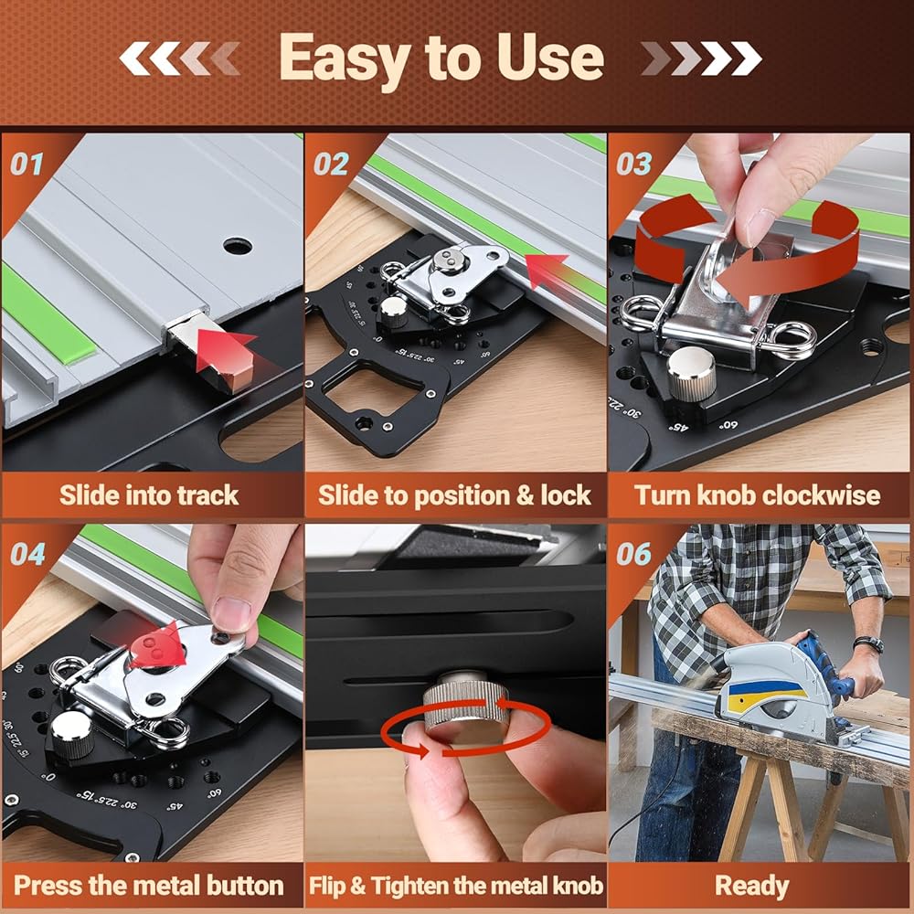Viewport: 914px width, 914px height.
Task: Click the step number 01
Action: click(x=27, y=165)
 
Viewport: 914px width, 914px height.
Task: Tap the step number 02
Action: click(x=331, y=165)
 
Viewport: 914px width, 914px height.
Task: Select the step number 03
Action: click(x=634, y=165)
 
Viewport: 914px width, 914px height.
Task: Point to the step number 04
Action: click(x=28, y=554)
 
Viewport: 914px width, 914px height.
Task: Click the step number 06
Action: click(x=634, y=554)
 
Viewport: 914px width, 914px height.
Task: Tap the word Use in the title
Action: click(x=550, y=57)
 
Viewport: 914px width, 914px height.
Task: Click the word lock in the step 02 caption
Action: click(x=566, y=495)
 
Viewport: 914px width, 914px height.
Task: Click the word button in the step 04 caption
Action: click(x=245, y=886)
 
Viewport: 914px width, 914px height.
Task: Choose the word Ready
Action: click(x=752, y=887)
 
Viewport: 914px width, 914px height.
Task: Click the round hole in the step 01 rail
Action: click(x=238, y=246)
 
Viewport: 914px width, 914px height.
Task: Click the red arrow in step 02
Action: click(x=546, y=270)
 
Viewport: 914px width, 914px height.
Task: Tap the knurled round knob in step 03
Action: click(x=691, y=371)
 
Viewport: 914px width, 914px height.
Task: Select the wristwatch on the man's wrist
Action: click(x=868, y=644)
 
